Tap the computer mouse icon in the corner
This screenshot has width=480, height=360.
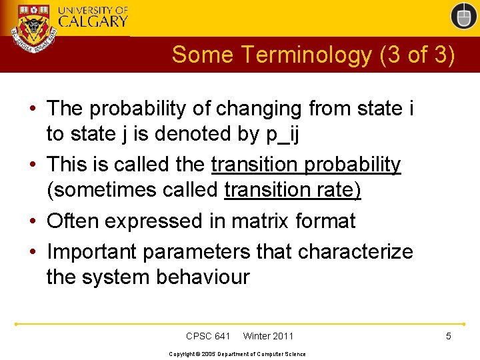tap(463, 16)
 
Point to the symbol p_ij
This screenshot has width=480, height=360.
tap(283, 134)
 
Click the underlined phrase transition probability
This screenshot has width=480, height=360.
tap(306, 164)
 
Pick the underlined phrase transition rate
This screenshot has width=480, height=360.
tap(292, 190)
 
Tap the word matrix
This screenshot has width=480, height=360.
tap(263, 221)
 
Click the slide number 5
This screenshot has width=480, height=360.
tap(449, 336)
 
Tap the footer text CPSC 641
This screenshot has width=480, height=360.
tap(208, 336)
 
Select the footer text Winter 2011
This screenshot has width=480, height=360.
tap(268, 336)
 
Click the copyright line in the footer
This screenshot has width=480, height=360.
tap(237, 353)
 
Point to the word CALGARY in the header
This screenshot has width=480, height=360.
tap(93, 21)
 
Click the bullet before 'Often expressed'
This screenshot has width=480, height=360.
tap(33, 221)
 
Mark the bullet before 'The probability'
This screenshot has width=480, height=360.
tap(33, 109)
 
